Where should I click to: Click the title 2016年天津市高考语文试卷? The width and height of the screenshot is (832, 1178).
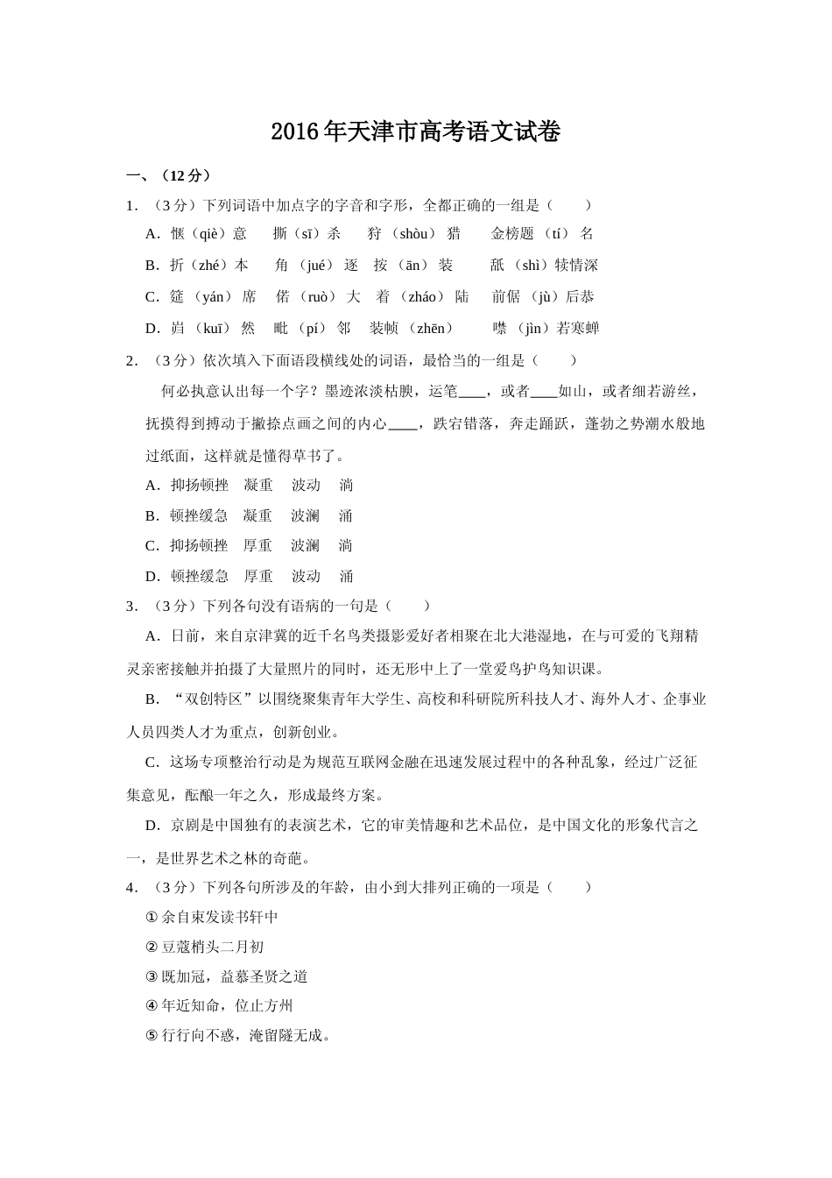[x=415, y=132]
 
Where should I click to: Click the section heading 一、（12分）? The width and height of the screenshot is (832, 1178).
[x=169, y=175]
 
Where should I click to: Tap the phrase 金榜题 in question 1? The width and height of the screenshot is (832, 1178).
[x=512, y=233]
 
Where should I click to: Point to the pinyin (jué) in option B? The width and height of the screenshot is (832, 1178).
[x=316, y=265]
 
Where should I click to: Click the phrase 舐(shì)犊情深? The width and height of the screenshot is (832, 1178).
[x=544, y=265]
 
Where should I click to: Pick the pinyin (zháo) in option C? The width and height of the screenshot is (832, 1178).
[x=422, y=296]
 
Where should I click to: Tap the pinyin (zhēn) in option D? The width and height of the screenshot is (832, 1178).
[x=430, y=328]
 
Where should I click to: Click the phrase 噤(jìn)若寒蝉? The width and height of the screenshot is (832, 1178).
[x=546, y=328]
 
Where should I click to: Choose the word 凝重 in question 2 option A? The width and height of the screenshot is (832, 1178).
[x=258, y=485]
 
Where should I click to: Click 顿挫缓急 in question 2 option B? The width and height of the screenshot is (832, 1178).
[x=199, y=515]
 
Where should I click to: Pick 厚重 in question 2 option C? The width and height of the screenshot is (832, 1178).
[x=258, y=545]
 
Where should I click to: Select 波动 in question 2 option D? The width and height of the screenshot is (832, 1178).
[x=306, y=576]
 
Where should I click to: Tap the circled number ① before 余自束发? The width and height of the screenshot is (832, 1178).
[x=152, y=917]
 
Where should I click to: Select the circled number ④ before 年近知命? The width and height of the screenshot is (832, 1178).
[x=152, y=1006]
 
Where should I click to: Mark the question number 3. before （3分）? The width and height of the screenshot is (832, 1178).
[x=132, y=606]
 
